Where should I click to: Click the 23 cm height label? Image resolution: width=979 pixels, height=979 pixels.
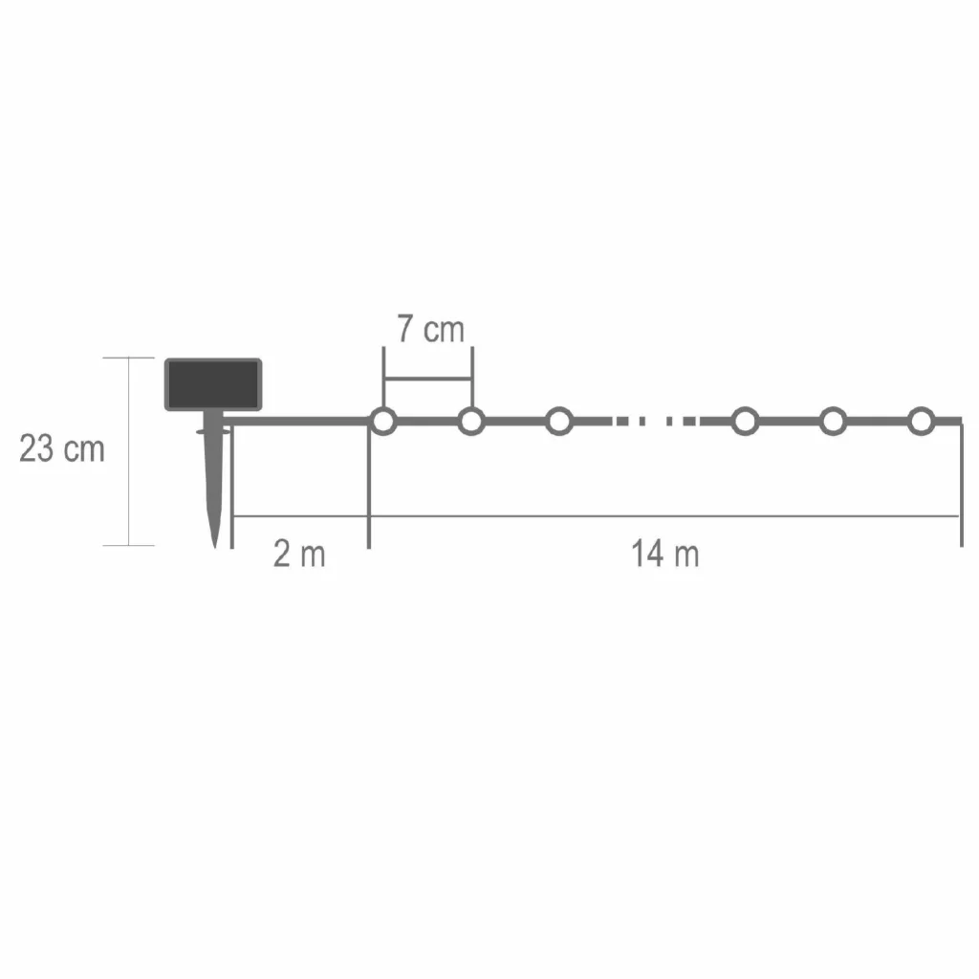pyautogui.click(x=62, y=448)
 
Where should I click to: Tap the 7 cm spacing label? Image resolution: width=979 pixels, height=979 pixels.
pyautogui.click(x=431, y=329)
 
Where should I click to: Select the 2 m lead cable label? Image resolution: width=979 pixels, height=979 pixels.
pyautogui.click(x=299, y=554)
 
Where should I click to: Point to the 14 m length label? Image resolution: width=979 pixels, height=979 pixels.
pyautogui.click(x=665, y=554)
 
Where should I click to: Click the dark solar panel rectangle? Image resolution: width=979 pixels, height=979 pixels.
pyautogui.click(x=213, y=384)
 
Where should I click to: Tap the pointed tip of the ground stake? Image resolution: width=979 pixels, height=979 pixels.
pyautogui.click(x=215, y=547)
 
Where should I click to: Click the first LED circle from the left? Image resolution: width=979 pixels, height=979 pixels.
pyautogui.click(x=383, y=422)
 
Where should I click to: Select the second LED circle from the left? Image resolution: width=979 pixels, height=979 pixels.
pyautogui.click(x=471, y=422)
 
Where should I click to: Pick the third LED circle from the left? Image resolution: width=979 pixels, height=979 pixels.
pyautogui.click(x=559, y=422)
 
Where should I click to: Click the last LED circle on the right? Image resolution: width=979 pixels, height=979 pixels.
pyautogui.click(x=921, y=422)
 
